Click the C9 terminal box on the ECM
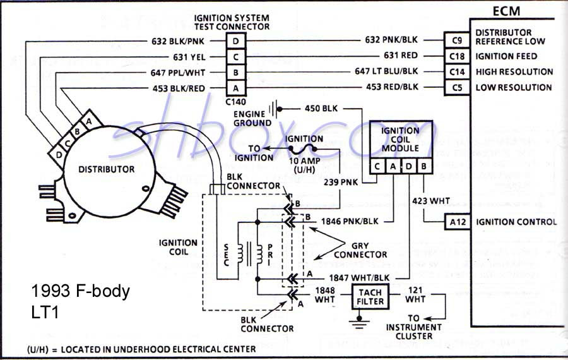458,40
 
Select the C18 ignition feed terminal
458,56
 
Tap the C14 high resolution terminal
458,71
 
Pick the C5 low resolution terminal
458,87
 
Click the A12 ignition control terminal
458,222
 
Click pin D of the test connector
235,41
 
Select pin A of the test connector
235,88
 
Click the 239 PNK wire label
341,181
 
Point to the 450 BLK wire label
321,108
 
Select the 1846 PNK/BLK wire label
350,222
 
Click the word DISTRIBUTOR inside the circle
106,169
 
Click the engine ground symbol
274,109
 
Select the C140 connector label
235,101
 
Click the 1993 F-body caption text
80,291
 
